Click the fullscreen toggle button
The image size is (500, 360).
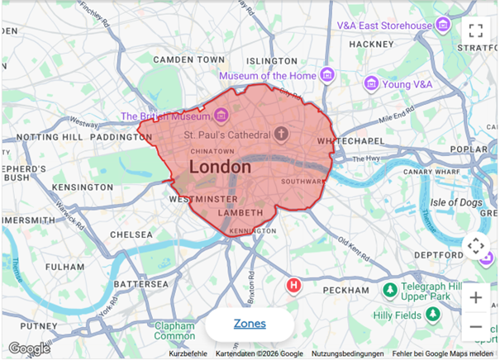click(475, 31)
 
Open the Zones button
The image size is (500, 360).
click(250, 324)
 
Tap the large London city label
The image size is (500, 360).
click(220, 167)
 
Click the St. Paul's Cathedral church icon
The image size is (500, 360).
click(280, 134)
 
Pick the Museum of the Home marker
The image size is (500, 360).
click(327, 76)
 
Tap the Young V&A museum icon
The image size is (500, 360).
click(372, 83)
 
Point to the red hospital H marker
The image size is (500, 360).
click(293, 286)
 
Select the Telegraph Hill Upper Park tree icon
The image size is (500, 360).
click(389, 289)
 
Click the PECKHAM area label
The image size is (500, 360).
click(345, 291)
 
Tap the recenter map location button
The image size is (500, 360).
click(475, 246)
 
